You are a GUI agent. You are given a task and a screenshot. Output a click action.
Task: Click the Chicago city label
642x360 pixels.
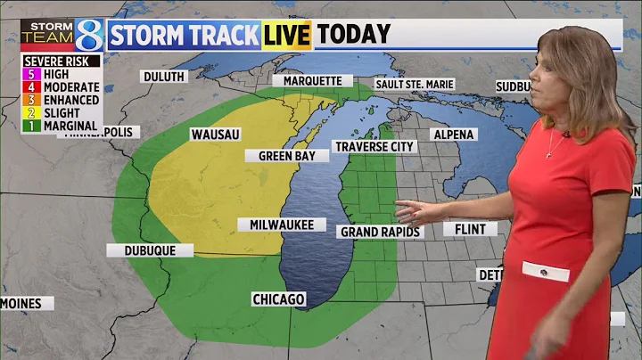278,299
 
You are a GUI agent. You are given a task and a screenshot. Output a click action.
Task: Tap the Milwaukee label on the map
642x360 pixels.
282,225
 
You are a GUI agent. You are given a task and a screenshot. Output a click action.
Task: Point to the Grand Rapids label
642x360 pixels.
379,232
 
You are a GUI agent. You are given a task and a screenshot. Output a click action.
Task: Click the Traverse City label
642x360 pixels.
374,146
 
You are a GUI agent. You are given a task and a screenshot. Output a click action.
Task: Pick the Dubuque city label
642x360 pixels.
150,250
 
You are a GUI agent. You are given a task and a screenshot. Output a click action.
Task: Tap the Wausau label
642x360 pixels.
215,135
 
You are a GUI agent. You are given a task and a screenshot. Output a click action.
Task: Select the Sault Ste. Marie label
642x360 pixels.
415,84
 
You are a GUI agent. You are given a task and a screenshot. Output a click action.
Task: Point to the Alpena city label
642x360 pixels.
454,135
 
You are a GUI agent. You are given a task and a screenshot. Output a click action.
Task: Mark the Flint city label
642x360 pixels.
470,229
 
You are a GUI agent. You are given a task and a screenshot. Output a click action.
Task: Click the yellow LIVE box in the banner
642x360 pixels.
286,35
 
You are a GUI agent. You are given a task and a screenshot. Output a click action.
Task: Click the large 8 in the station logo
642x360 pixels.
88,35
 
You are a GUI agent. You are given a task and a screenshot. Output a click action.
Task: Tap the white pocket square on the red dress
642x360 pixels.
545,271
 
